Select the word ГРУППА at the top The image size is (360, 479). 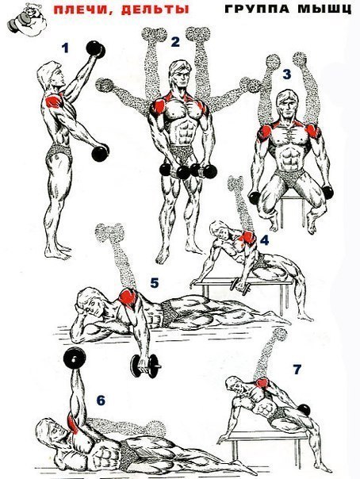(x=257, y=9)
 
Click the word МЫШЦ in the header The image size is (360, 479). (x=324, y=9)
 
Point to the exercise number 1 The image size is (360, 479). (x=65, y=48)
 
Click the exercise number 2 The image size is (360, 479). (x=175, y=42)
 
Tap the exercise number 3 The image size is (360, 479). (x=287, y=74)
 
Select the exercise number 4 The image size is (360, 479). (x=264, y=240)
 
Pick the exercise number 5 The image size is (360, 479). (x=155, y=283)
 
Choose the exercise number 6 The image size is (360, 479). (x=101, y=400)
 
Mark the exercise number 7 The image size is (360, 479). (x=297, y=370)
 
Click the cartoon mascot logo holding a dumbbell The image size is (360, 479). (x=27, y=20)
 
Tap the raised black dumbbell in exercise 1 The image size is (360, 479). (x=96, y=49)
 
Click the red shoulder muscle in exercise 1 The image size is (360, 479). (x=55, y=101)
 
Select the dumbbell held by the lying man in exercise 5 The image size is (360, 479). (x=145, y=366)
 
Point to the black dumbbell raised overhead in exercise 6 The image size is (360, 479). (x=75, y=358)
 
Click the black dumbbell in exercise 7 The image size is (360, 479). (x=304, y=410)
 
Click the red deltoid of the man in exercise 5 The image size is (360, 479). (x=128, y=298)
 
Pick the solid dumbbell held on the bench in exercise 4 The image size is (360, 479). (x=240, y=286)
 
